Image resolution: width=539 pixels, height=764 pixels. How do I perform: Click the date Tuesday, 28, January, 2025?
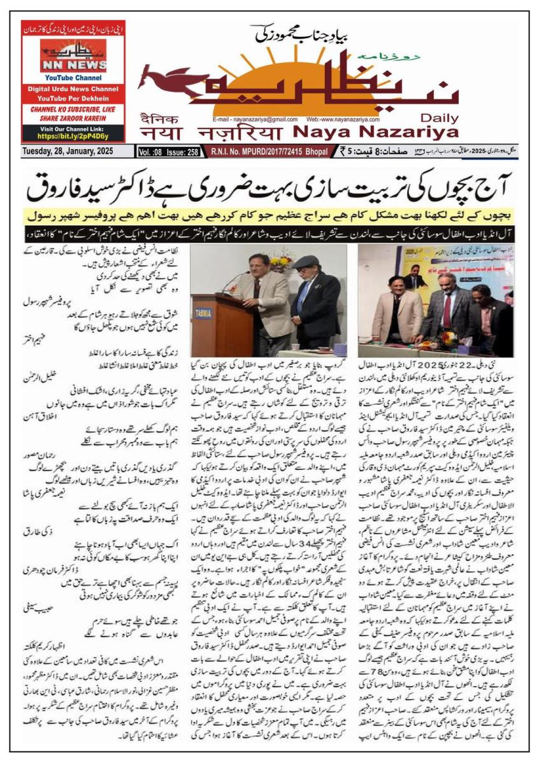click(68, 152)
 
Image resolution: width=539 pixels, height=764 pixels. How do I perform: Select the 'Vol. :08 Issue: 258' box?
click(168, 152)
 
